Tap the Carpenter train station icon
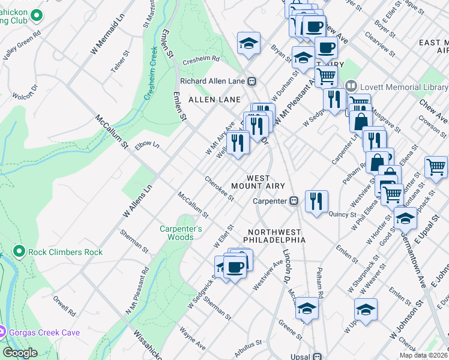(x=294, y=201)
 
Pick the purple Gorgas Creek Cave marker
(x=2, y=331)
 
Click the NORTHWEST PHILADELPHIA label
(x=275, y=236)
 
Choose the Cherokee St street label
(x=218, y=188)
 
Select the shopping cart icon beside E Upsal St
(x=436, y=166)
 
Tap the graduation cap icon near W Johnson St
(x=366, y=308)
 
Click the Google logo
(x=20, y=353)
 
